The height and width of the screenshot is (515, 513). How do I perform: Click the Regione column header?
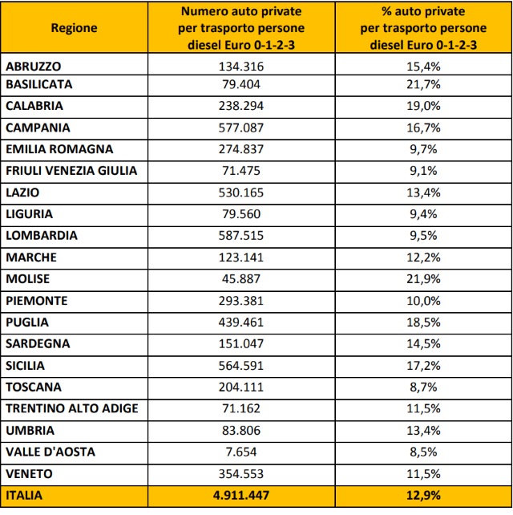tap(74, 28)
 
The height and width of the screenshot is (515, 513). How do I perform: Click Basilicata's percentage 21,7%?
tap(424, 84)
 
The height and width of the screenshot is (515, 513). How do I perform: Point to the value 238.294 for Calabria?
tap(241, 106)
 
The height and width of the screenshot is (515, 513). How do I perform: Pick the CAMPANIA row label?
tap(38, 128)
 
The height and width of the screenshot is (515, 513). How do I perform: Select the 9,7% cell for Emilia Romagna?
tap(424, 149)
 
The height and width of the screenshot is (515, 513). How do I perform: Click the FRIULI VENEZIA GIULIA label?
tap(71, 171)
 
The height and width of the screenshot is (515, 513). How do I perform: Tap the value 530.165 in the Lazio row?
tap(241, 193)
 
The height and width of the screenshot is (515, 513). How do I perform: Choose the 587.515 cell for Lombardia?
tap(241, 236)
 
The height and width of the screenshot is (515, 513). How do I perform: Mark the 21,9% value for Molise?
tap(424, 279)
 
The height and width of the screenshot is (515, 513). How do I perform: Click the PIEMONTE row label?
tap(36, 301)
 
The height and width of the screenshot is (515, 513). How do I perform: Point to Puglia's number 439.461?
tap(241, 322)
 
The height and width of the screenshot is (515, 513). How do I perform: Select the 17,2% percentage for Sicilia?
tap(424, 366)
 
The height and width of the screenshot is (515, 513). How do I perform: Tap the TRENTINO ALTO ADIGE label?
tap(71, 409)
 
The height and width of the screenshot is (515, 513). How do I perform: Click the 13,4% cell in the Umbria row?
tap(424, 431)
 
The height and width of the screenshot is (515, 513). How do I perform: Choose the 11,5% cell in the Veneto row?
tap(424, 474)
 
